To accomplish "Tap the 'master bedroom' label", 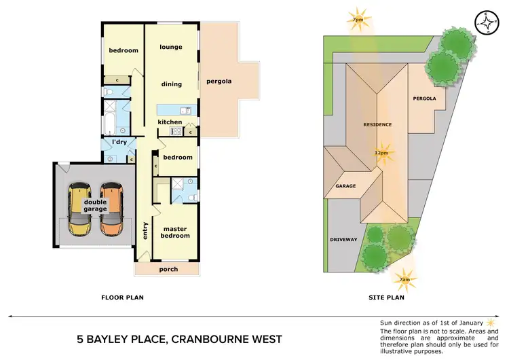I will (x=175, y=232).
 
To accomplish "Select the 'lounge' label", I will (x=172, y=47).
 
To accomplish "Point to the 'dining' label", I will (x=171, y=84).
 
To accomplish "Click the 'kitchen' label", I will (x=170, y=122).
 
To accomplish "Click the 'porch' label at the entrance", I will (x=168, y=270).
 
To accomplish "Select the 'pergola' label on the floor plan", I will (x=219, y=82).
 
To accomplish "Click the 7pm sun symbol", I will (x=357, y=18).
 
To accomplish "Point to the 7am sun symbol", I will (x=405, y=278).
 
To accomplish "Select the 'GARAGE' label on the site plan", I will (x=346, y=185).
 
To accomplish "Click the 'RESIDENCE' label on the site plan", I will (x=377, y=125).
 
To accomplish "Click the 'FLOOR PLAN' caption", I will (x=122, y=297).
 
